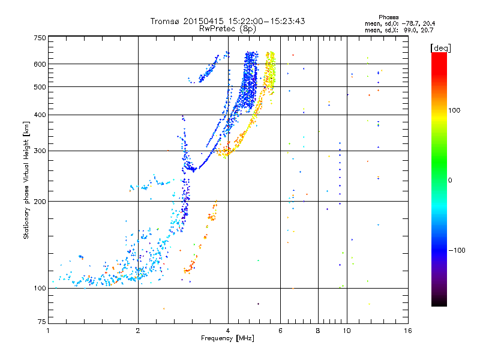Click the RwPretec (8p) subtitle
227,29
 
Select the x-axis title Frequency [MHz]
227,338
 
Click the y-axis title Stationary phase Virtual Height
26,181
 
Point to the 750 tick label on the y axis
40,38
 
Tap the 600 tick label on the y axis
40,64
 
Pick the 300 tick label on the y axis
40,151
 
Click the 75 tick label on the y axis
42,322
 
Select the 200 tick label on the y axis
40,201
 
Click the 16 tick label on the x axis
408,331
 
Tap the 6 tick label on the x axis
280,331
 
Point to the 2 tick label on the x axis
138,331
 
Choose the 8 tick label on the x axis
318,331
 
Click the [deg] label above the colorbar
440,48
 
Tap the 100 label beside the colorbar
454,110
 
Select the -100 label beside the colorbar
457,250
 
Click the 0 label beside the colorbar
450,180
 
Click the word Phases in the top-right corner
388,17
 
